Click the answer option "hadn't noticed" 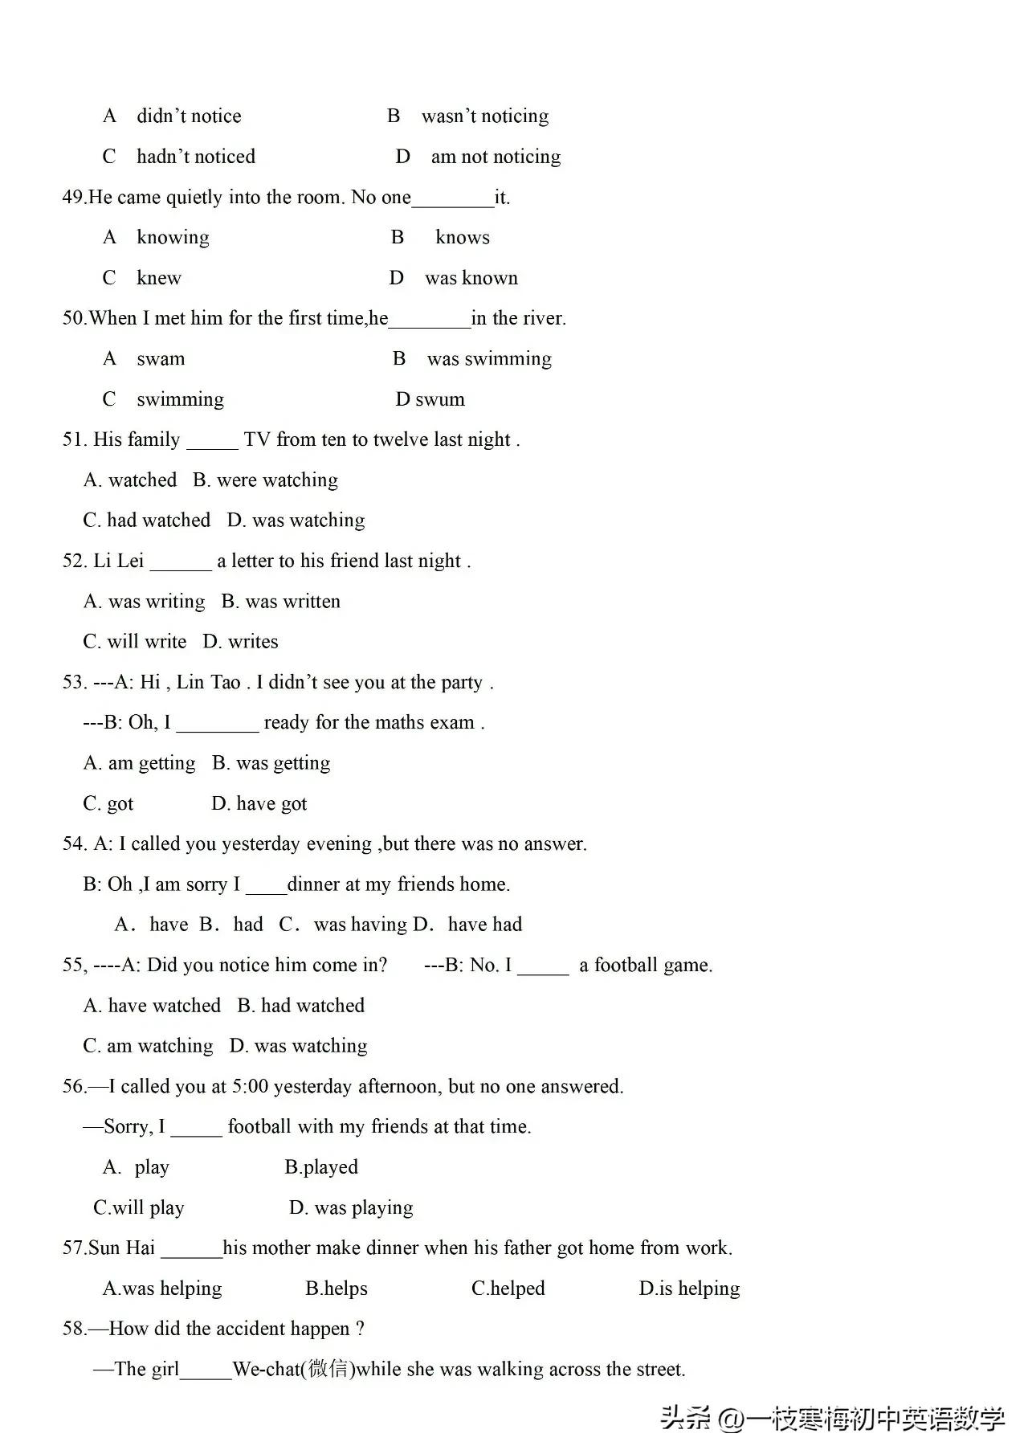[x=195, y=157]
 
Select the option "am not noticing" [x=495, y=157]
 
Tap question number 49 [x=73, y=198]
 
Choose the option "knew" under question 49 [x=159, y=278]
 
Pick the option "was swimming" [x=488, y=359]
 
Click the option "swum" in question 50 [x=439, y=399]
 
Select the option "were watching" [x=277, y=480]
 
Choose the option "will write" [x=146, y=642]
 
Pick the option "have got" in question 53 [x=271, y=804]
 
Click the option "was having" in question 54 [x=360, y=925]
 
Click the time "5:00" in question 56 [x=250, y=1087]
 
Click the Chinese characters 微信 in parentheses [x=328, y=1369]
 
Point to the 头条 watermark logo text [x=686, y=1419]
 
